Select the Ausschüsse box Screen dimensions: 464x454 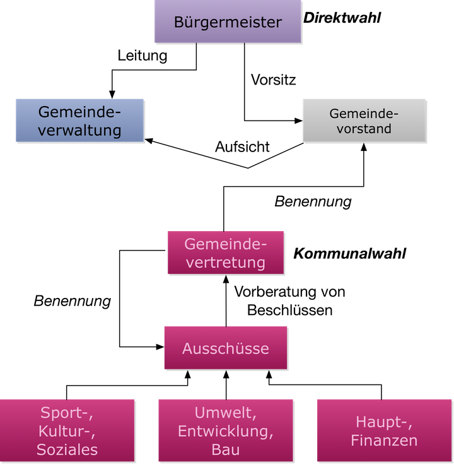click(225, 348)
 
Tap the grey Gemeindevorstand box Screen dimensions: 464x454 click(364, 120)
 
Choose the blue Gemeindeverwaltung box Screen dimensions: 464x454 click(79, 120)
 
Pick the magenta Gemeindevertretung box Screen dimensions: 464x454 click(225, 253)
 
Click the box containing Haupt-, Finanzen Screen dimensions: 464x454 click(384, 431)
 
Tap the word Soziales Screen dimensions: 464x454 click(67, 449)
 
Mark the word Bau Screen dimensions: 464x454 click(225, 450)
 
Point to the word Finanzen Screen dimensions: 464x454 click(384, 440)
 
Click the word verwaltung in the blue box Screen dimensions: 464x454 click(79, 130)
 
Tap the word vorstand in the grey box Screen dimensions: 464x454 click(364, 129)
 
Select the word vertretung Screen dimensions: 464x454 click(225, 262)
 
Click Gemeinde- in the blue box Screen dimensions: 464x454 click(79, 112)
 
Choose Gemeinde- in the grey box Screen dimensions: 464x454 click(364, 114)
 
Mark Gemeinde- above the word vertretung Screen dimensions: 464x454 click(225, 244)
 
